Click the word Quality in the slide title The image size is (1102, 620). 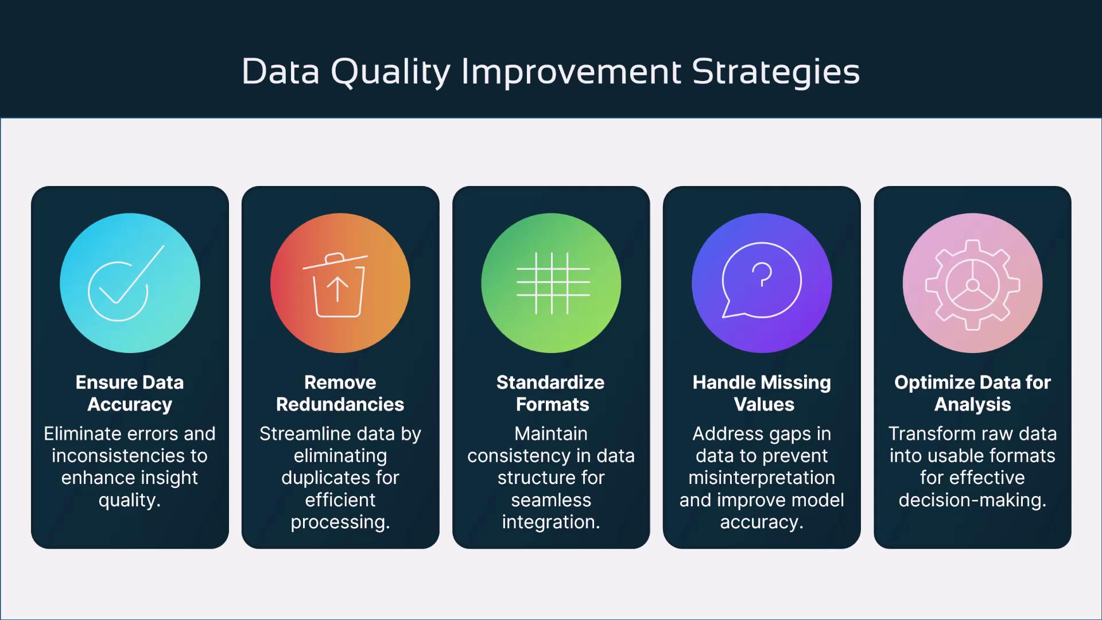click(x=391, y=72)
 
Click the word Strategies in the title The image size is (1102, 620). click(x=775, y=72)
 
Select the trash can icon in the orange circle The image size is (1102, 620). click(x=336, y=285)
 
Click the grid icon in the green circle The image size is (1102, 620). click(x=553, y=283)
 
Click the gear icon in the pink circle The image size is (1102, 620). click(x=972, y=285)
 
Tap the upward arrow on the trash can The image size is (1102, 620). click(x=337, y=289)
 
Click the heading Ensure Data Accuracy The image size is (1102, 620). click(x=130, y=393)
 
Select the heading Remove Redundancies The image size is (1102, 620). click(x=340, y=393)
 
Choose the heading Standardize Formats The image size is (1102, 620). click(x=551, y=393)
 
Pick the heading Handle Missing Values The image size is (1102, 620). click(x=762, y=393)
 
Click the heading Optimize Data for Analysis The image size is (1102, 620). click(x=972, y=393)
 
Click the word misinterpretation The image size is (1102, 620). click(x=762, y=478)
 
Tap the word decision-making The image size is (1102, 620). click(x=972, y=500)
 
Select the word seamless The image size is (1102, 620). click(x=551, y=500)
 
